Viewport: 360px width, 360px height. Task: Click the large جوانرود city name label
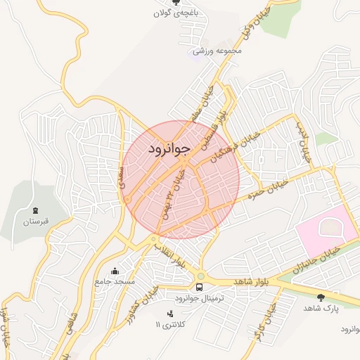[169, 150]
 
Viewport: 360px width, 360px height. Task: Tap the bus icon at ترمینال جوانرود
[200, 287]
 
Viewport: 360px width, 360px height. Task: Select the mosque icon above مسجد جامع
[115, 271]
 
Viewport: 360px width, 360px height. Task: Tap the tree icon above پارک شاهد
[321, 297]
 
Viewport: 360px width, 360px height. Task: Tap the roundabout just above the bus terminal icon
[200, 276]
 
